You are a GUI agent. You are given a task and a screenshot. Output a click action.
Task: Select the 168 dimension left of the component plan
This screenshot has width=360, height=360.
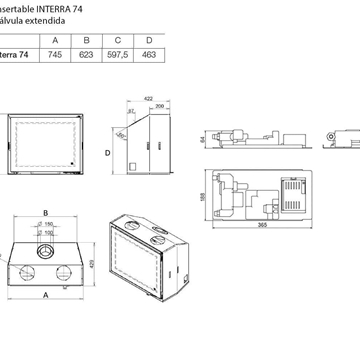click(203, 195)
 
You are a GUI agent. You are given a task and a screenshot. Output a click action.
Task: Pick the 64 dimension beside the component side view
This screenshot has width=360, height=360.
click(201, 140)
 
